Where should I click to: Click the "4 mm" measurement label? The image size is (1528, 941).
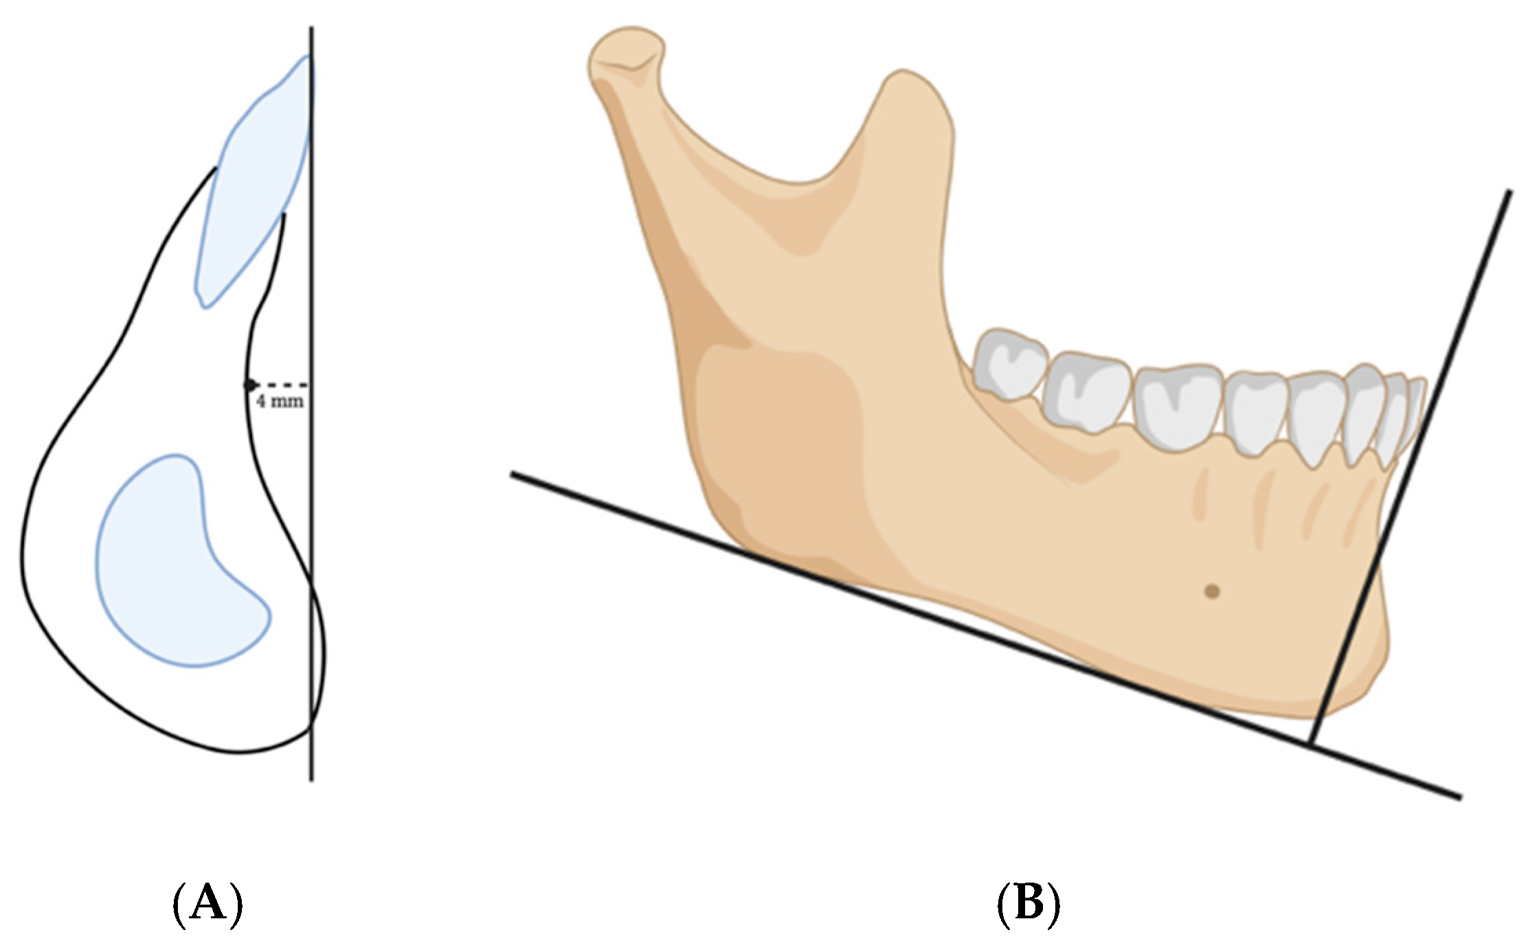280,401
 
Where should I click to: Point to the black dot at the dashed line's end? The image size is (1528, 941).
250,385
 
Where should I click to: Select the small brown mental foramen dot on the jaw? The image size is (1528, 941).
1212,591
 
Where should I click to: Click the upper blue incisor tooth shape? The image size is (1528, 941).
254,179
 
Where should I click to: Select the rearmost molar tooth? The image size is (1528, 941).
1010,364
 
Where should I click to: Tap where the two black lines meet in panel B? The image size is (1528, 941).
1310,743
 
